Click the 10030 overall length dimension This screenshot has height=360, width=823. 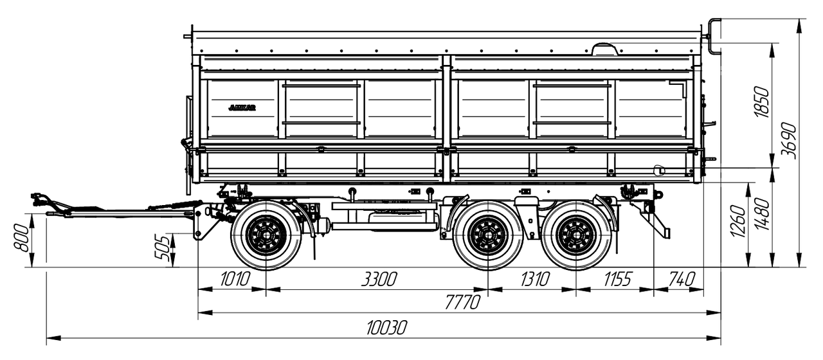pyautogui.click(x=386, y=328)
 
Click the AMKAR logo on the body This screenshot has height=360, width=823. pyautogui.click(x=242, y=108)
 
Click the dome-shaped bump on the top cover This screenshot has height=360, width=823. pyautogui.click(x=604, y=49)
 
